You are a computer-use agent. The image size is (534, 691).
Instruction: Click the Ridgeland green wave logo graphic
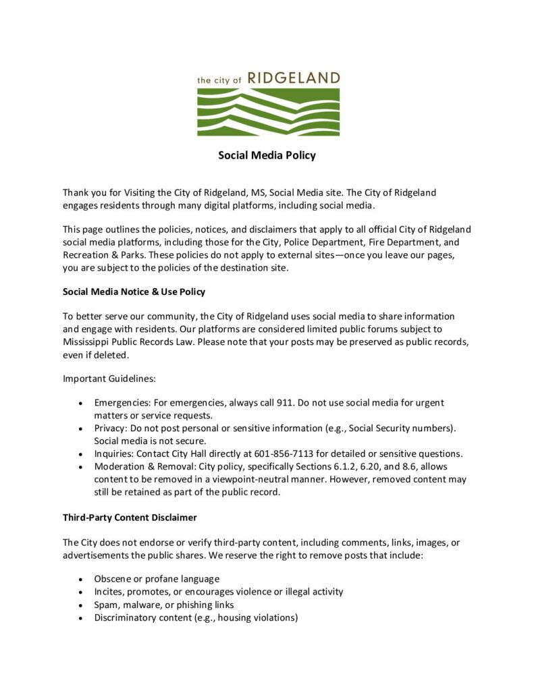pyautogui.click(x=268, y=112)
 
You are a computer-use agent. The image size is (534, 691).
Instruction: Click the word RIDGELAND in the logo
pyautogui.click(x=294, y=78)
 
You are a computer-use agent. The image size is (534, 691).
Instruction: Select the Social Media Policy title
pyautogui.click(x=267, y=155)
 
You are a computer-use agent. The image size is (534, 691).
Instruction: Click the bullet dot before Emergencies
pyautogui.click(x=80, y=404)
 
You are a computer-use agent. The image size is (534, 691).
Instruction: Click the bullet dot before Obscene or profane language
pyautogui.click(x=80, y=580)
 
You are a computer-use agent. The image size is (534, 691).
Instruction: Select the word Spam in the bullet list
pyautogui.click(x=107, y=605)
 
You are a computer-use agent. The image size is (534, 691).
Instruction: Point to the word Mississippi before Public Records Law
pyautogui.click(x=89, y=341)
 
